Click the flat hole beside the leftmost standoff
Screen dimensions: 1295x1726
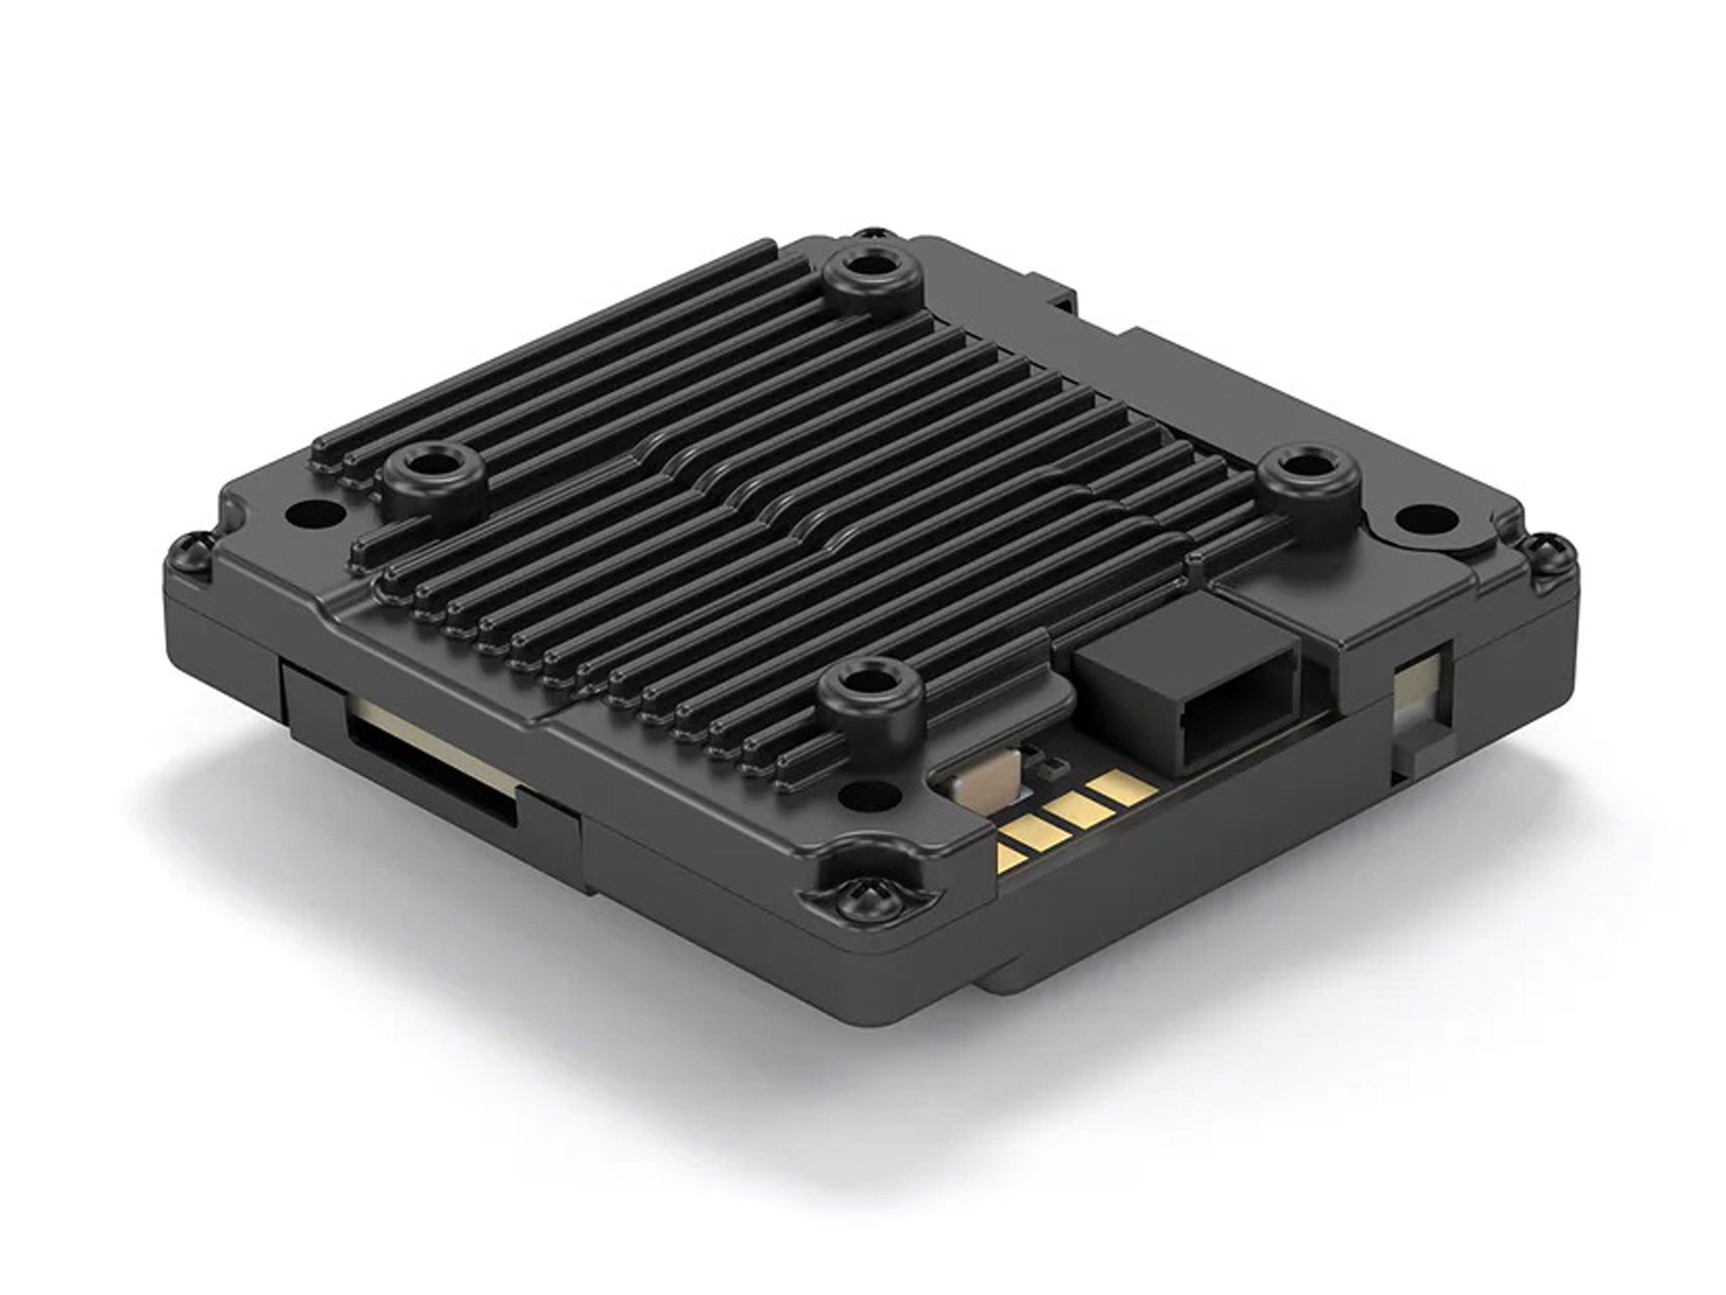click(315, 513)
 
